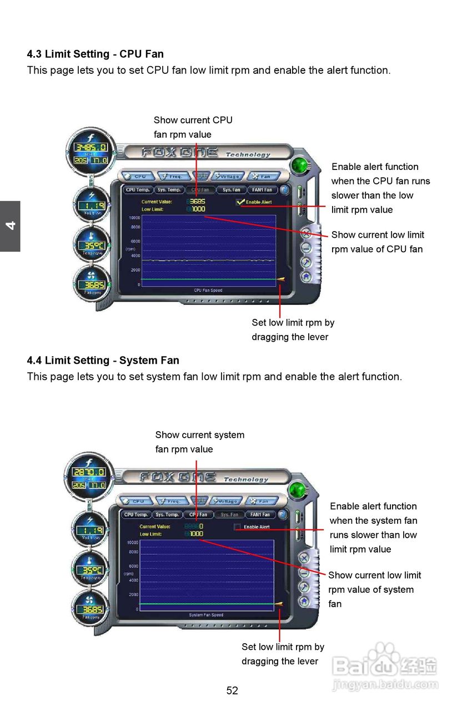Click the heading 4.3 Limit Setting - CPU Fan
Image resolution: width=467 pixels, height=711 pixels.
95,54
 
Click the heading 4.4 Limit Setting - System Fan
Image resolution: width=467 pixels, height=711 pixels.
103,360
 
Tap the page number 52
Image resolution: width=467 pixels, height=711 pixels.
232,690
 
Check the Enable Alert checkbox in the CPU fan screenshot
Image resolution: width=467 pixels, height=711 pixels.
240,202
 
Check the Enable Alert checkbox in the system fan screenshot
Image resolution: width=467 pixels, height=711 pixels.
238,527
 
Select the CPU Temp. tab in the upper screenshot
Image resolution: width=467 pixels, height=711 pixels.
138,190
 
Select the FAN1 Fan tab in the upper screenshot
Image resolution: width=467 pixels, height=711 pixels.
262,190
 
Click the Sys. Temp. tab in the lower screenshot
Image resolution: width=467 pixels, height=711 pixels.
167,514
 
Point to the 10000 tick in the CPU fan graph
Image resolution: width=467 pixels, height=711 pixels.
134,218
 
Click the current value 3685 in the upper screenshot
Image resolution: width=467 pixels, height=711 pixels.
198,202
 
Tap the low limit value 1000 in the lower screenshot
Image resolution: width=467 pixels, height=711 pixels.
196,534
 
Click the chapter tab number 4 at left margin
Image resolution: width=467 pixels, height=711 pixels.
10,226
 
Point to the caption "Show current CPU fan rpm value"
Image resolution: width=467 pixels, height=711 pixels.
193,127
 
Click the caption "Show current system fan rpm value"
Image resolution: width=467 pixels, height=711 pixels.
199,442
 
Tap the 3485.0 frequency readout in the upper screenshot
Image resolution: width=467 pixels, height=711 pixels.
92,147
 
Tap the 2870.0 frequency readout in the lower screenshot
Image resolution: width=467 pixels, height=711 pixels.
89,472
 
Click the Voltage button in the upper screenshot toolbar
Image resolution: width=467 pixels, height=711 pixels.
228,177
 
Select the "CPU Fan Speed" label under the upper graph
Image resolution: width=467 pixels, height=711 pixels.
208,291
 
